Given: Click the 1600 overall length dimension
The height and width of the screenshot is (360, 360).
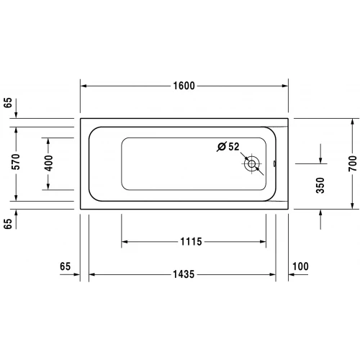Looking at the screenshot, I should tap(184, 86).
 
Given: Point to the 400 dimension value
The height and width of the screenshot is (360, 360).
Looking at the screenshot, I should tap(48, 163).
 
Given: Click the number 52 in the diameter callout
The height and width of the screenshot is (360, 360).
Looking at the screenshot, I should tap(233, 147).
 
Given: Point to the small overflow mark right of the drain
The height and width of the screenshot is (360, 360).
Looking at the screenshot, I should tap(274, 163).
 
